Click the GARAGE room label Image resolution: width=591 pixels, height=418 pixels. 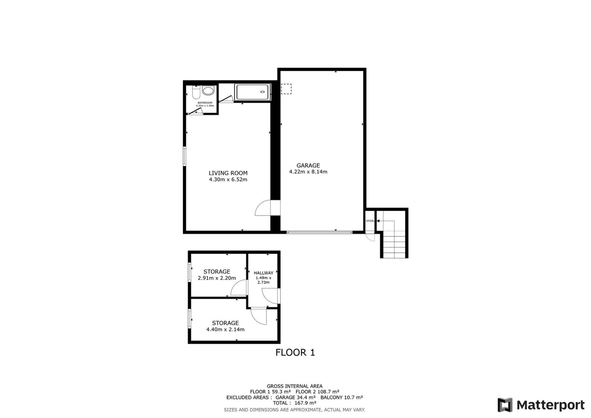click(x=308, y=166)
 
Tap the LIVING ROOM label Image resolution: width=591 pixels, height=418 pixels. click(x=228, y=173)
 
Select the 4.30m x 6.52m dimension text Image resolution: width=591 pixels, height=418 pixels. click(x=228, y=180)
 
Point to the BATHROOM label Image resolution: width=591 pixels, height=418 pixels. click(x=205, y=103)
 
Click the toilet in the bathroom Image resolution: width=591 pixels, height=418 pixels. click(x=196, y=92)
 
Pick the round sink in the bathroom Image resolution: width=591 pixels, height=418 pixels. click(x=208, y=90)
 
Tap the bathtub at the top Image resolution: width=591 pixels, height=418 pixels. click(x=252, y=92)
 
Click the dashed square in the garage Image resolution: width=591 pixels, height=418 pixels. click(x=286, y=89)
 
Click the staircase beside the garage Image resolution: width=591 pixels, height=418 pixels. click(x=394, y=234)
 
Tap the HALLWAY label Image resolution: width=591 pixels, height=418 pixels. click(x=263, y=273)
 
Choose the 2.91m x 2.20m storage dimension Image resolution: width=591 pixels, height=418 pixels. click(x=217, y=278)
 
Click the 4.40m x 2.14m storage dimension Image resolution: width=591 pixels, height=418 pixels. click(x=225, y=329)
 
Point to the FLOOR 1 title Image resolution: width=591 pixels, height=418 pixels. click(x=295, y=353)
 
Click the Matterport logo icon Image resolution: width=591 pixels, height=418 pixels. click(x=505, y=405)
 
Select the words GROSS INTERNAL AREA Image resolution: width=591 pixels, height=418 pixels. click(x=295, y=386)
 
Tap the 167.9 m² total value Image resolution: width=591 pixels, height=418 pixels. click(x=305, y=403)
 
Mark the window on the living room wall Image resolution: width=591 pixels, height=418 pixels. click(x=184, y=156)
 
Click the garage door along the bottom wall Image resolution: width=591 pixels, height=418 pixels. click(x=319, y=232)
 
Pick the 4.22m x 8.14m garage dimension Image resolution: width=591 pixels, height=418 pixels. click(x=308, y=172)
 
